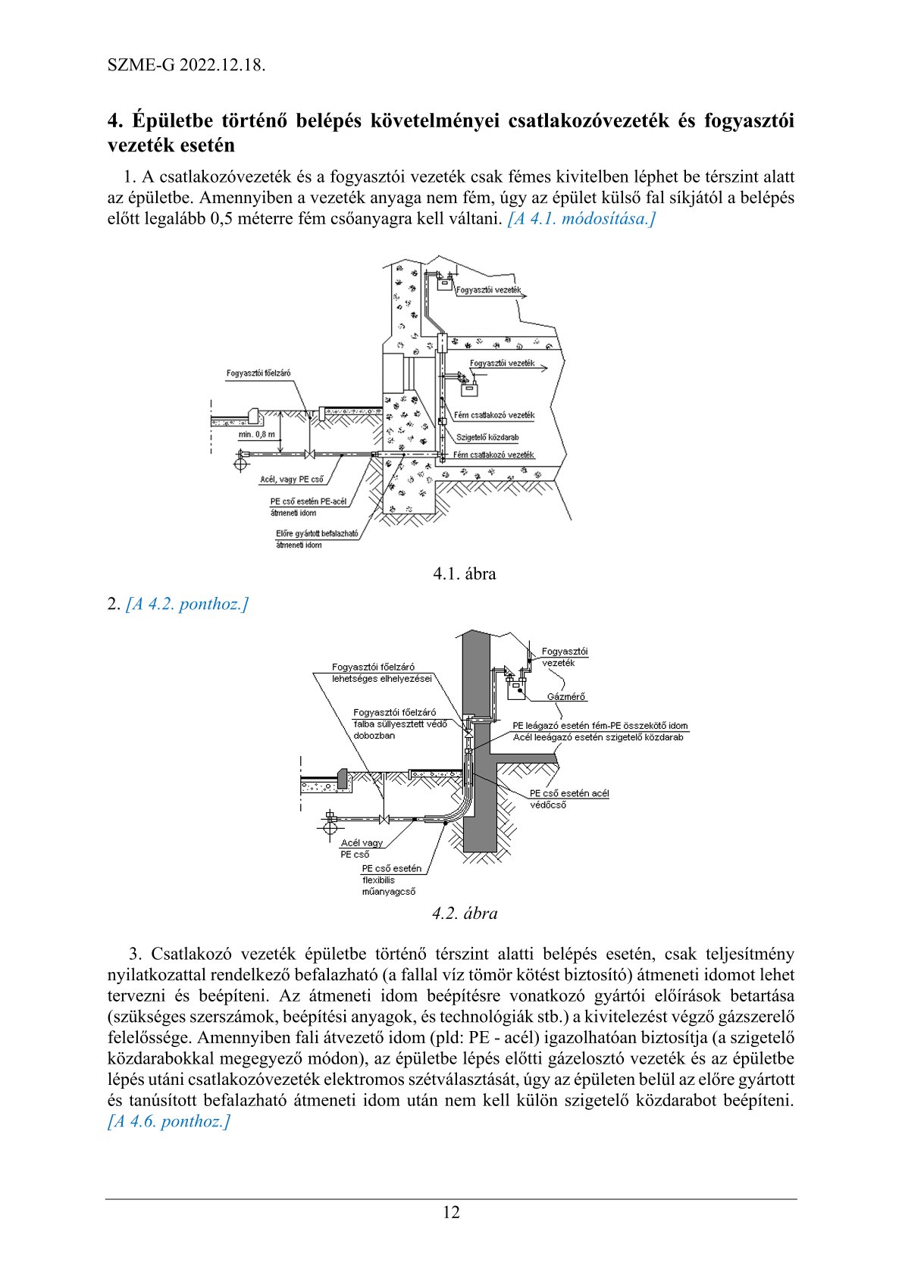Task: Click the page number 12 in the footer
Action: (x=451, y=1212)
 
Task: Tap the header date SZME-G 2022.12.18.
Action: (x=186, y=64)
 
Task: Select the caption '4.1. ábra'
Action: (x=464, y=573)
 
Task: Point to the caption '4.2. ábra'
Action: (x=465, y=913)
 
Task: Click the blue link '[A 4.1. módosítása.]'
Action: (x=581, y=219)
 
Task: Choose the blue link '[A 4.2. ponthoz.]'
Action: (x=187, y=604)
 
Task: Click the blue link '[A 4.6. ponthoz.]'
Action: (x=168, y=1121)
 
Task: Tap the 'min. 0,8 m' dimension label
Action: (x=257, y=434)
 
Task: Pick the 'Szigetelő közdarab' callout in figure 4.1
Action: (x=487, y=437)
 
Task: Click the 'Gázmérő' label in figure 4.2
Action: (x=566, y=696)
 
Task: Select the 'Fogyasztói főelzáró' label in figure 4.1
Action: (x=258, y=373)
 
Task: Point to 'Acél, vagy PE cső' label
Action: (x=291, y=480)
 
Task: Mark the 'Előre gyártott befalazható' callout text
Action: (x=317, y=533)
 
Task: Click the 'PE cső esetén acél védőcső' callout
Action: (x=568, y=798)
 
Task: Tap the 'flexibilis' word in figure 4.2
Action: (x=378, y=880)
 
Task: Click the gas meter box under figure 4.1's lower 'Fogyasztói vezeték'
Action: (x=471, y=390)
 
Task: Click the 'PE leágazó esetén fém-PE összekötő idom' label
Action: (x=600, y=726)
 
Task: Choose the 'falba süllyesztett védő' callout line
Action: (x=400, y=724)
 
